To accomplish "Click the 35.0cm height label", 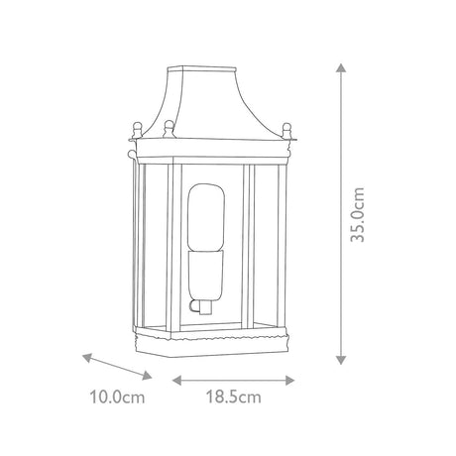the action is coord(358,215).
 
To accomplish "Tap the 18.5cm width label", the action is coord(234,397).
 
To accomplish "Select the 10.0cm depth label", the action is coord(117,397).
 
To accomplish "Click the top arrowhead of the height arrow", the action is coord(341,67).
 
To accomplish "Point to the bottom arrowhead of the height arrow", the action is coord(341,360).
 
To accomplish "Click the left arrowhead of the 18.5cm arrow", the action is coord(177,381).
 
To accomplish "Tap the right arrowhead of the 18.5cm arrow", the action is coord(289,381).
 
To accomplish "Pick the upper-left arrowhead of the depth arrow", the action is coord(87,358).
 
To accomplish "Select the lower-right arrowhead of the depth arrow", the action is coord(147,376).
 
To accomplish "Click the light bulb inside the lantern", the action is coord(206,217).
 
